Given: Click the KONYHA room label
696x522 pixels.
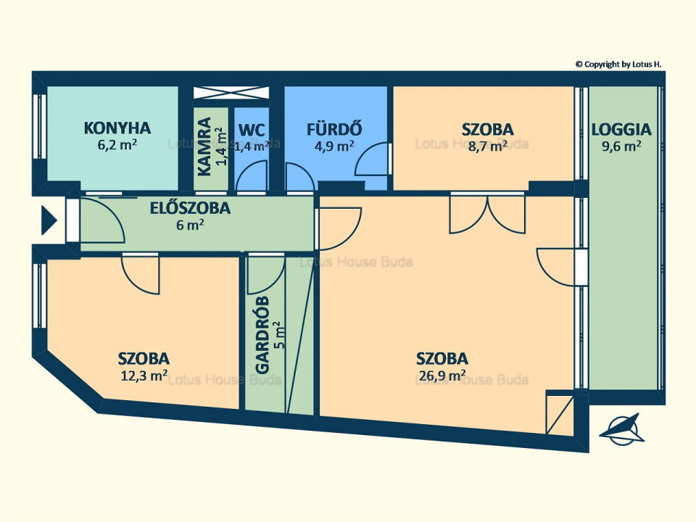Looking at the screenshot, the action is (x=117, y=128).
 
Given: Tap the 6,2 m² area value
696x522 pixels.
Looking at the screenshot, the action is (x=117, y=145).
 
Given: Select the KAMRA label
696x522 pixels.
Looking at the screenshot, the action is (x=204, y=146).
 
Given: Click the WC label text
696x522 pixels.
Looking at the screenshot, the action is (x=252, y=130).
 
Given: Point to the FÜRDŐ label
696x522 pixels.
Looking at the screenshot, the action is (x=334, y=128).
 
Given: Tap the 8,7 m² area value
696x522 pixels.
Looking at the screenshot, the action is (x=488, y=146).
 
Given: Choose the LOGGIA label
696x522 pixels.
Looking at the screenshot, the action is (x=621, y=129).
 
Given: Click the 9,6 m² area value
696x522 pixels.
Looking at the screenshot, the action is (x=621, y=146).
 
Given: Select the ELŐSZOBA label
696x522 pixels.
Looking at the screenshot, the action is (x=190, y=207).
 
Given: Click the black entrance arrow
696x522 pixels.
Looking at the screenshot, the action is (x=49, y=220).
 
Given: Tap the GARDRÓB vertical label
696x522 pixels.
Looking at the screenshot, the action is (x=262, y=335).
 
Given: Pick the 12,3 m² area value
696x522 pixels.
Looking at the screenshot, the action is (x=144, y=376).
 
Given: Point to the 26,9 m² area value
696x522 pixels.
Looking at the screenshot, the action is (x=442, y=376).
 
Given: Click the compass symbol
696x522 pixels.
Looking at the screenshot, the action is (x=622, y=430).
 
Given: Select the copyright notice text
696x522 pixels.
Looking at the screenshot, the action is (x=618, y=65).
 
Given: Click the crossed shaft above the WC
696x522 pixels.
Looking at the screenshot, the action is (x=231, y=93).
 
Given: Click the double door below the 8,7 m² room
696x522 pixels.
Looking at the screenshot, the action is (x=487, y=214).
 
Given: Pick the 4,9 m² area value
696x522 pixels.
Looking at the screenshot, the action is (x=334, y=146).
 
